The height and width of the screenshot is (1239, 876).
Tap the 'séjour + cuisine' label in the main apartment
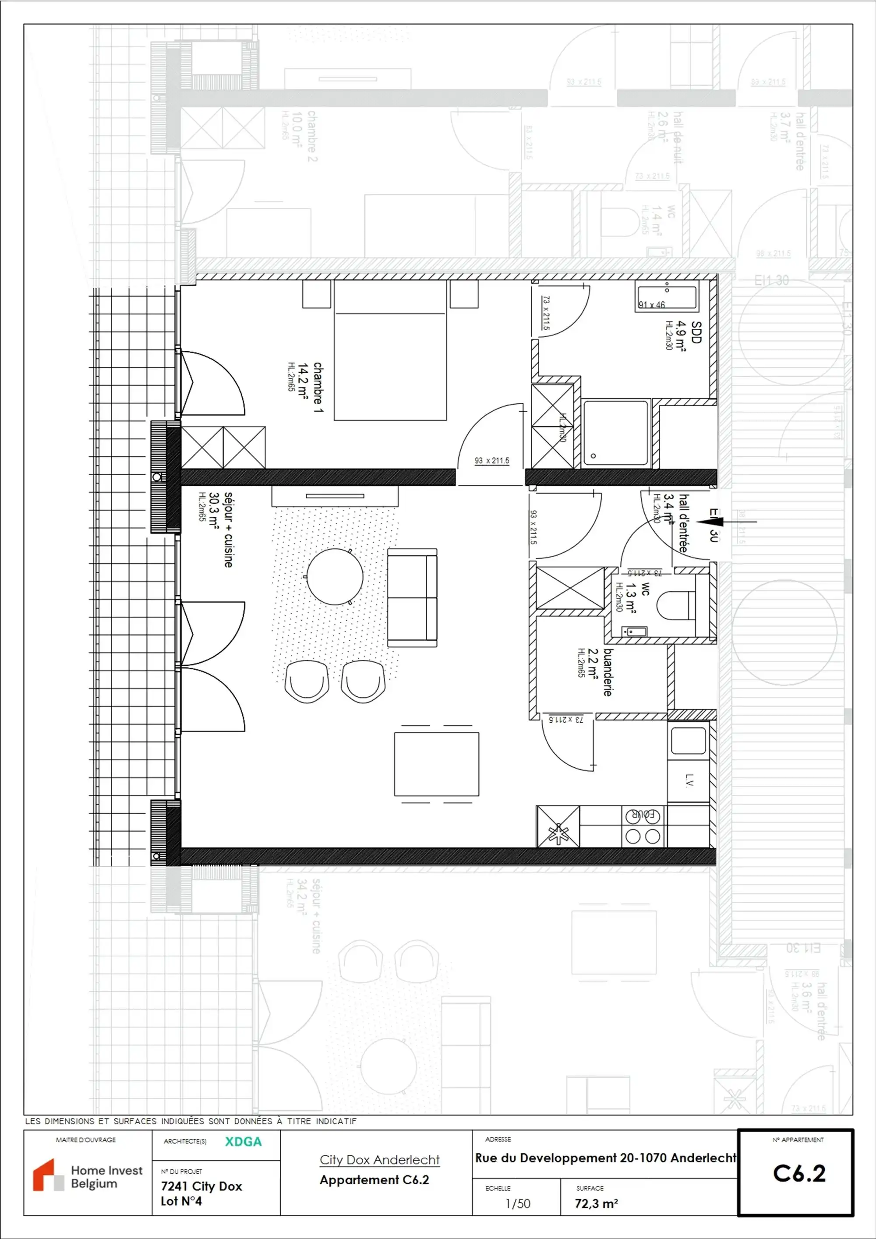tap(228, 529)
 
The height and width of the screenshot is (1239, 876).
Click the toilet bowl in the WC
tap(675, 605)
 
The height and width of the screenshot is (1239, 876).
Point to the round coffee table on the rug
tap(335, 576)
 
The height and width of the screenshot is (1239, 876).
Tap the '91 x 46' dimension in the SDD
tap(652, 305)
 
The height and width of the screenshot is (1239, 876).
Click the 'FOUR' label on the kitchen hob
tap(643, 815)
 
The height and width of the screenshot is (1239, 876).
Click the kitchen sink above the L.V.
tap(688, 740)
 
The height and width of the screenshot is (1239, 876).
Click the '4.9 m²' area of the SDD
tap(681, 335)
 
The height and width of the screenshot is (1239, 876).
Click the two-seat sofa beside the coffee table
tap(412, 597)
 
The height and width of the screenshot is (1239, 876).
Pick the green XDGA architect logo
tap(243, 1141)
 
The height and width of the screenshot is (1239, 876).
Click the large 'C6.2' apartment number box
tap(799, 1173)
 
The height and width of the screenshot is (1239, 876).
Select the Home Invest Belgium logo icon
tap(47, 1175)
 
